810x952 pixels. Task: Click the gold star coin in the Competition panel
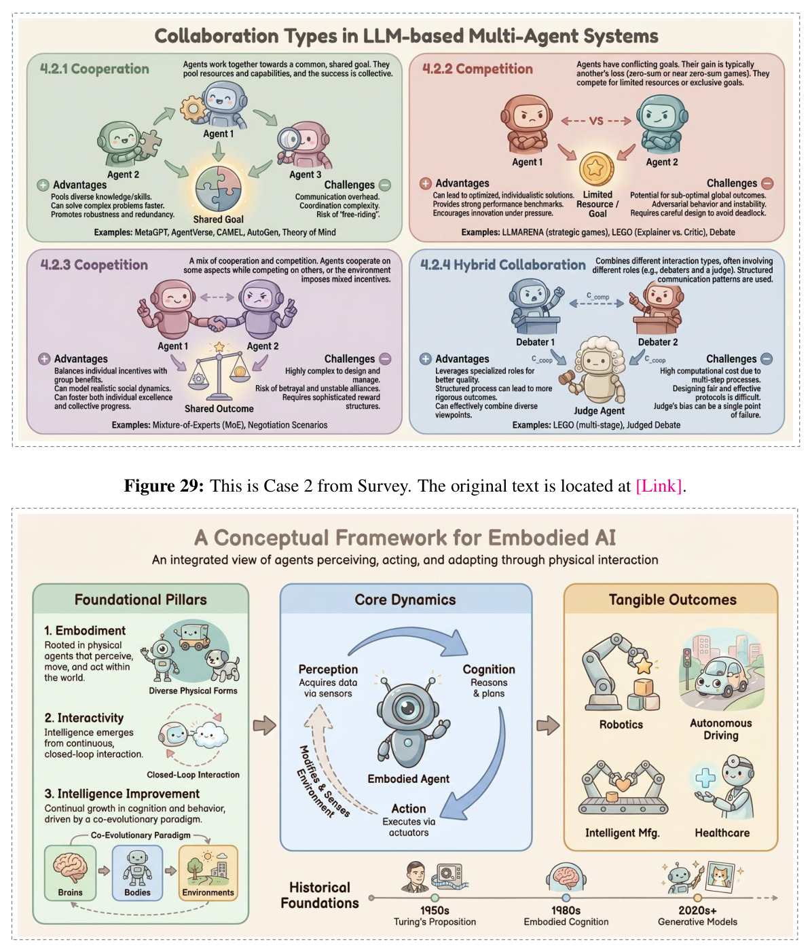tap(596, 169)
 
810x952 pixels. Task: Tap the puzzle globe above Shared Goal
tap(218, 189)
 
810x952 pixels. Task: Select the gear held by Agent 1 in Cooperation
tap(192, 109)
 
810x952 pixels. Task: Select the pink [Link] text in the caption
tap(659, 486)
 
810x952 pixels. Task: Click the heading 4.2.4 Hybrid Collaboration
tap(503, 265)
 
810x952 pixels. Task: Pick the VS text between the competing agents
tap(596, 121)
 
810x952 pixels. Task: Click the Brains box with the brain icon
tap(70, 873)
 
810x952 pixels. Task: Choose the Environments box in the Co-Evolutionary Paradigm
tap(208, 873)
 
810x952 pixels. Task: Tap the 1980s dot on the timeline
tap(566, 898)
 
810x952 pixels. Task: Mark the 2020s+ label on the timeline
tap(697, 911)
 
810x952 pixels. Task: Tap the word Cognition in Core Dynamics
tap(489, 670)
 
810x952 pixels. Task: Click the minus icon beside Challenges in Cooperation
tap(384, 185)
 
